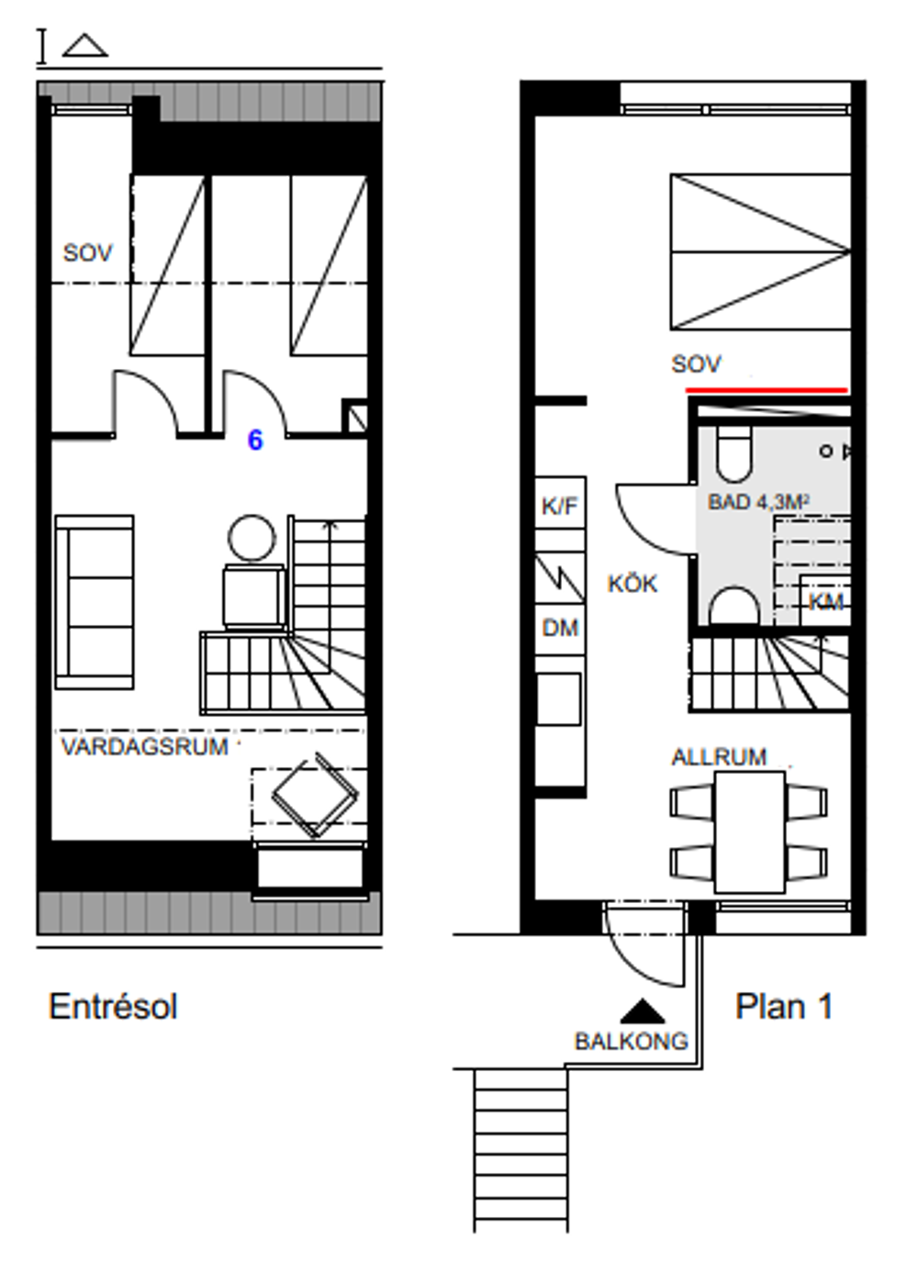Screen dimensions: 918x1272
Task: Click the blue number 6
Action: (x=255, y=440)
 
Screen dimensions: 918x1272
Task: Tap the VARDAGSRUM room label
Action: (x=144, y=747)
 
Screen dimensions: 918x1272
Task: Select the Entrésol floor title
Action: (x=113, y=1007)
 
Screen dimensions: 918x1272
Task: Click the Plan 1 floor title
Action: (x=784, y=1007)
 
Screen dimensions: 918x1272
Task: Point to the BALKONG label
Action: (x=632, y=1042)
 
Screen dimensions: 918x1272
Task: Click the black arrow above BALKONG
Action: (x=642, y=1011)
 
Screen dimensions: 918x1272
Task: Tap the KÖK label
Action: (x=633, y=584)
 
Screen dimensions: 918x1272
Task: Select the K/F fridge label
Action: (x=560, y=506)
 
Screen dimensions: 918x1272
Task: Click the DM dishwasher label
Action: (x=560, y=628)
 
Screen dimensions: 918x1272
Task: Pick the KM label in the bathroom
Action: (x=825, y=602)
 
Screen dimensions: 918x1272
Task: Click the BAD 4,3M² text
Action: (x=758, y=501)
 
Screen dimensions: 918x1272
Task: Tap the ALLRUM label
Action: (x=719, y=757)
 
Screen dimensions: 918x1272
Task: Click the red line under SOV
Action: (x=767, y=390)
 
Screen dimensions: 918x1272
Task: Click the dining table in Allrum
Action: (x=750, y=831)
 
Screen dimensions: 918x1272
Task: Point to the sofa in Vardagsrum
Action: (x=95, y=602)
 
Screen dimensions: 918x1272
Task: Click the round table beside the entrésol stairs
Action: (x=252, y=537)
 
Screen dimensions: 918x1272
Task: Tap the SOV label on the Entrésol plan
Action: (x=88, y=252)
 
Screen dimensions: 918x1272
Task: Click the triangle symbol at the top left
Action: (x=84, y=46)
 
